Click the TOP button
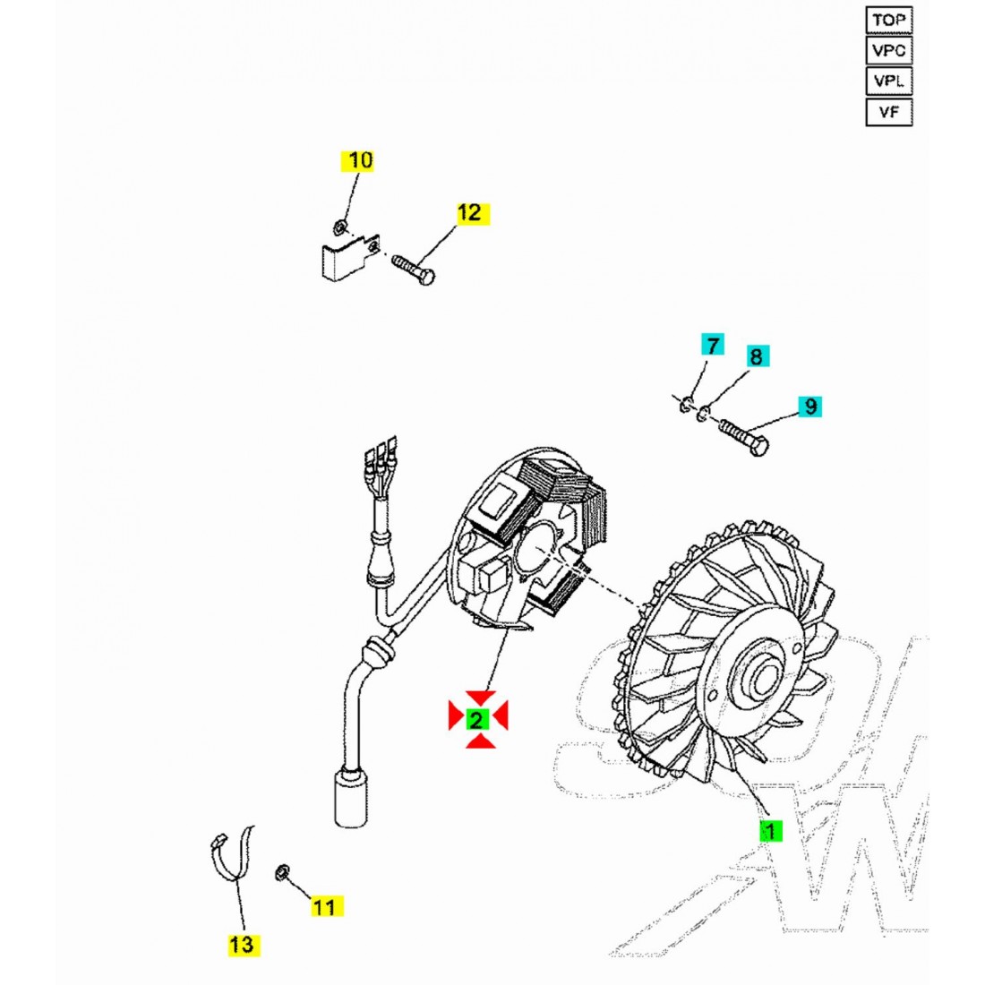[888, 20]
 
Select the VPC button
[888, 50]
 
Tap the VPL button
[888, 81]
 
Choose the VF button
[888, 112]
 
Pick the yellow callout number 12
[469, 213]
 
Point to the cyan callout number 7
[713, 346]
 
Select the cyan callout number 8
[756, 357]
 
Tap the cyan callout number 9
[809, 407]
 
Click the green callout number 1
[769, 830]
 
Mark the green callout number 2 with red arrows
[478, 718]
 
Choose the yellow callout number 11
[325, 906]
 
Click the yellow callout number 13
[243, 944]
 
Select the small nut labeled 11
[281, 871]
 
